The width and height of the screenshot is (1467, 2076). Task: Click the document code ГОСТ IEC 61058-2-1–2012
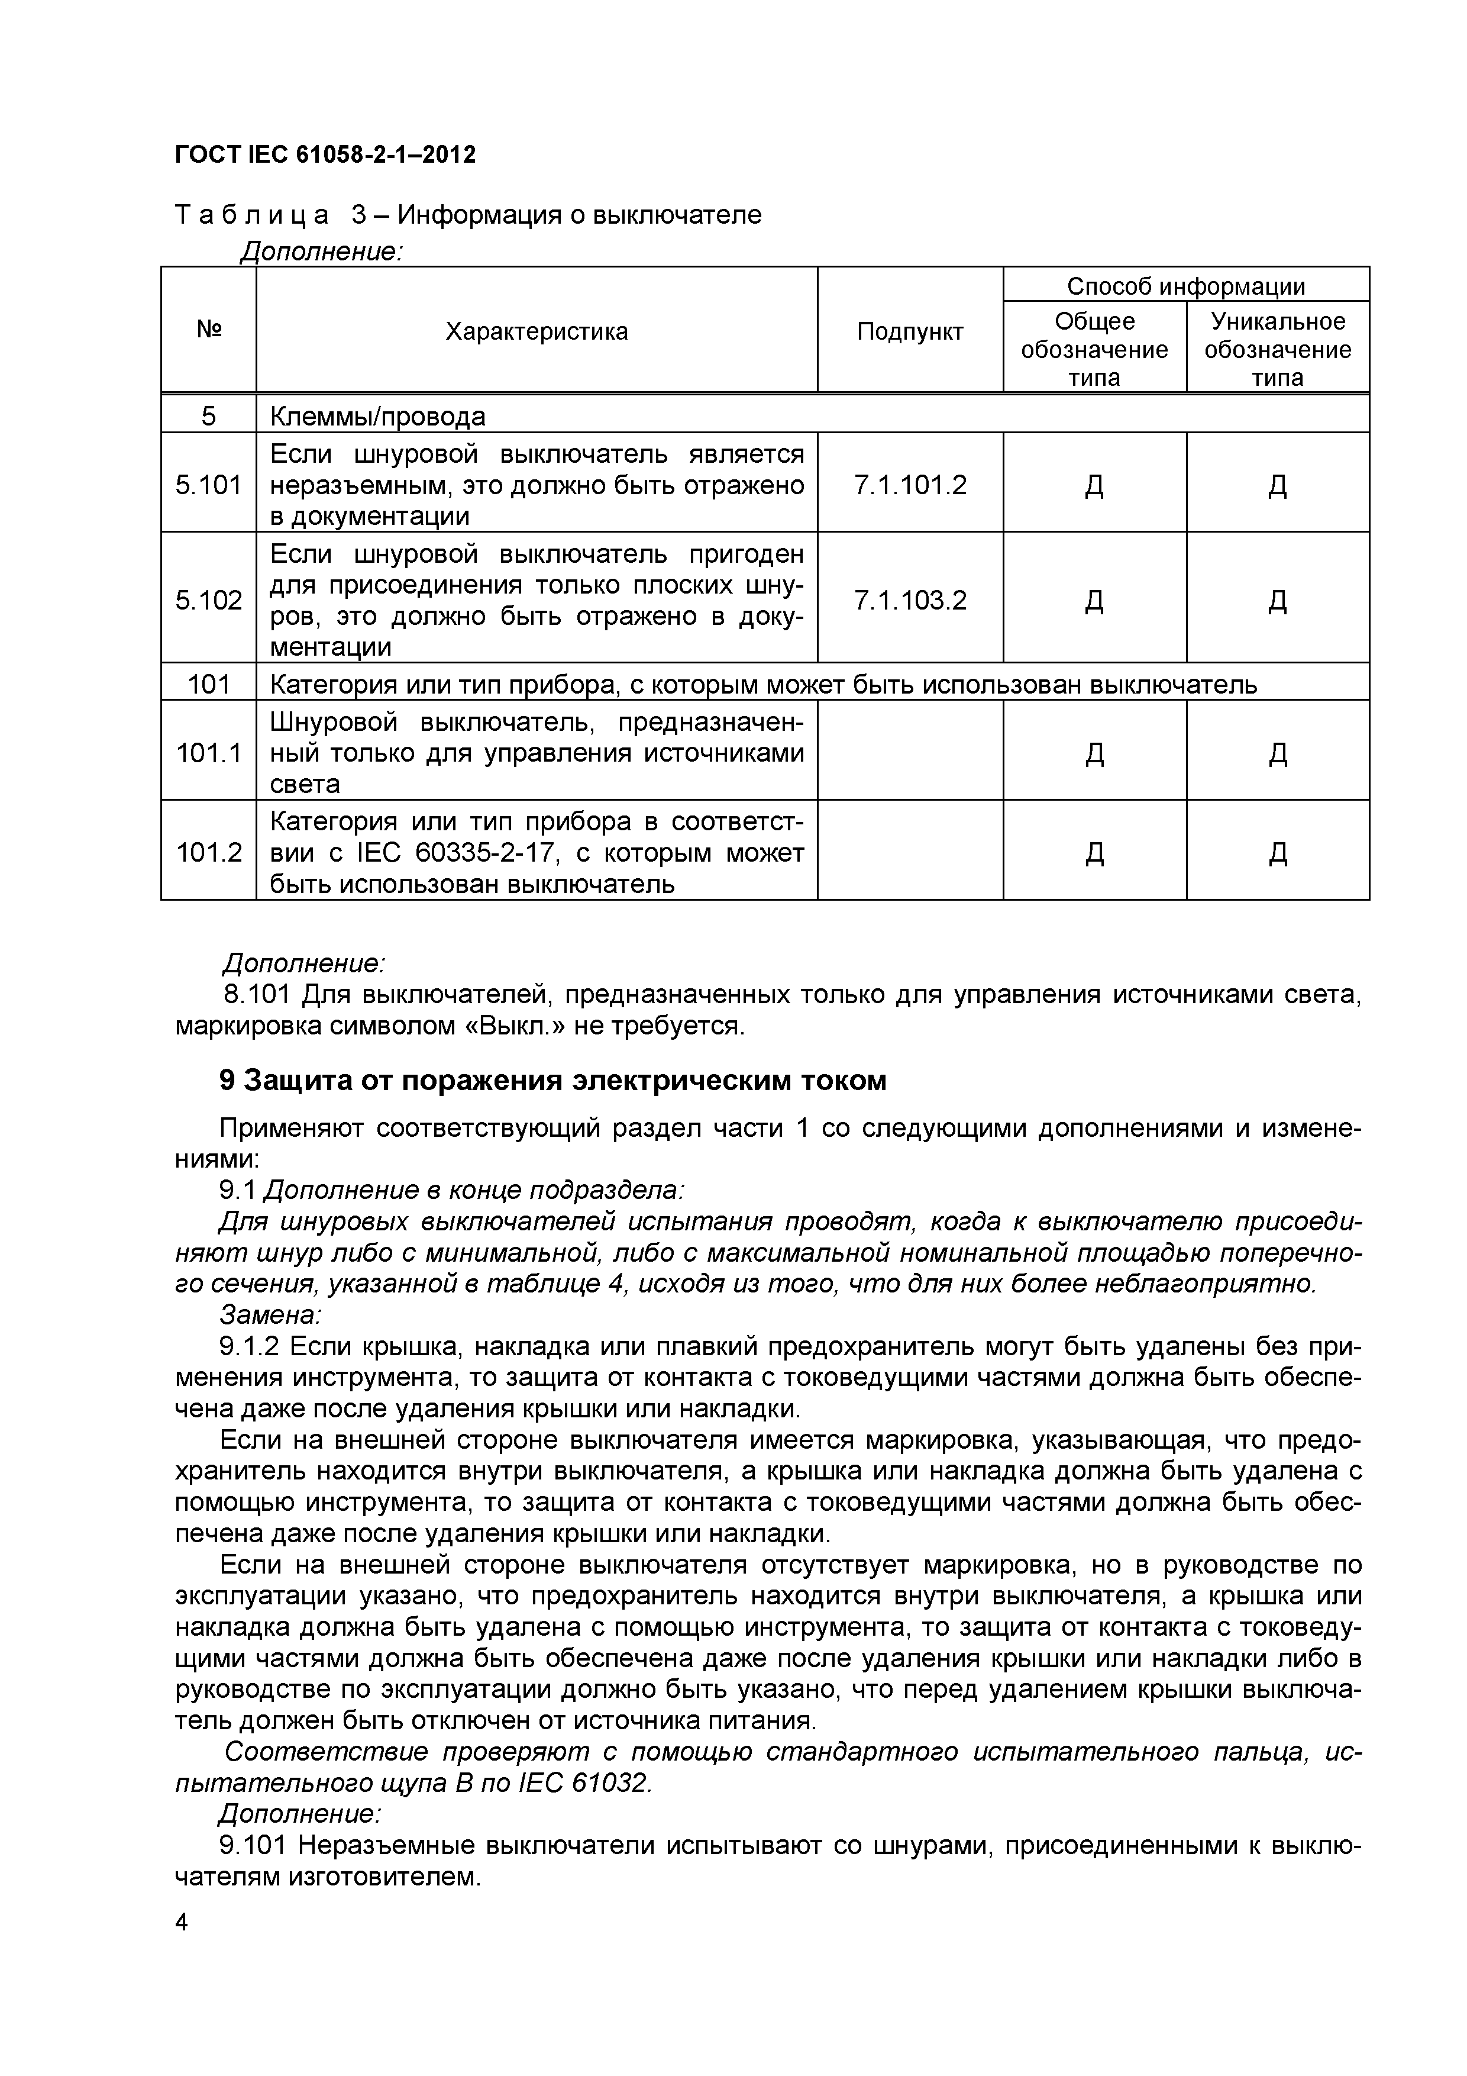click(x=325, y=154)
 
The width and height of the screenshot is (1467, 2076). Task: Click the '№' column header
click(x=209, y=329)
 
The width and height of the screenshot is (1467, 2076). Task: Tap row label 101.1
click(x=209, y=752)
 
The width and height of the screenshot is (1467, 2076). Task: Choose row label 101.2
click(x=209, y=852)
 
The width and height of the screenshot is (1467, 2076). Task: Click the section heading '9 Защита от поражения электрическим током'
click(x=552, y=1081)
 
